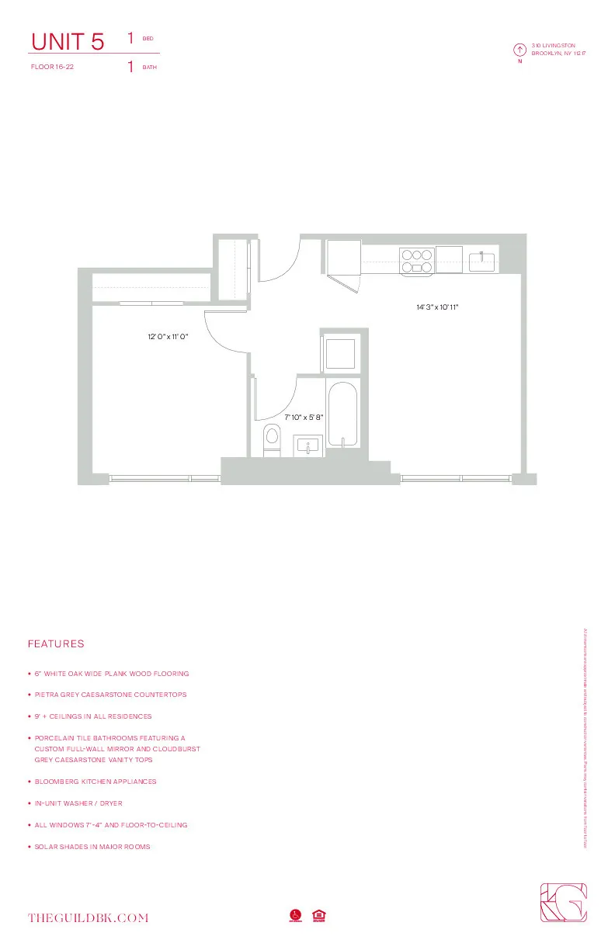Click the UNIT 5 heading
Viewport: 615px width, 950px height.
click(67, 42)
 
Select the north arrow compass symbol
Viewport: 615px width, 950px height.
click(519, 50)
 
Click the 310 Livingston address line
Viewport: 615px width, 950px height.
click(553, 46)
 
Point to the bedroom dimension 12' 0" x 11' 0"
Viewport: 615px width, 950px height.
click(169, 337)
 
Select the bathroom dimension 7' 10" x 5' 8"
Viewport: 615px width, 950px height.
click(304, 417)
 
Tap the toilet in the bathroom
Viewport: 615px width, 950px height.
click(272, 439)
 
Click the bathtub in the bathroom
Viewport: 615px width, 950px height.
click(342, 414)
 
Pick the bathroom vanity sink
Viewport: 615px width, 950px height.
click(308, 446)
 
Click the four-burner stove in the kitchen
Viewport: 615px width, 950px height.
click(416, 261)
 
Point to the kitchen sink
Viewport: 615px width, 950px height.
click(483, 261)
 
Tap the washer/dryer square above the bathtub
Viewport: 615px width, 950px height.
click(340, 353)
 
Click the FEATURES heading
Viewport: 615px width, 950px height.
click(56, 644)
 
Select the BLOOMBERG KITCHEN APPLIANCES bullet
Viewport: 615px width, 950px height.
click(96, 782)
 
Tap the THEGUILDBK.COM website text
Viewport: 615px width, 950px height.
click(88, 918)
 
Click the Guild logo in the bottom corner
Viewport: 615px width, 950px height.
click(563, 903)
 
